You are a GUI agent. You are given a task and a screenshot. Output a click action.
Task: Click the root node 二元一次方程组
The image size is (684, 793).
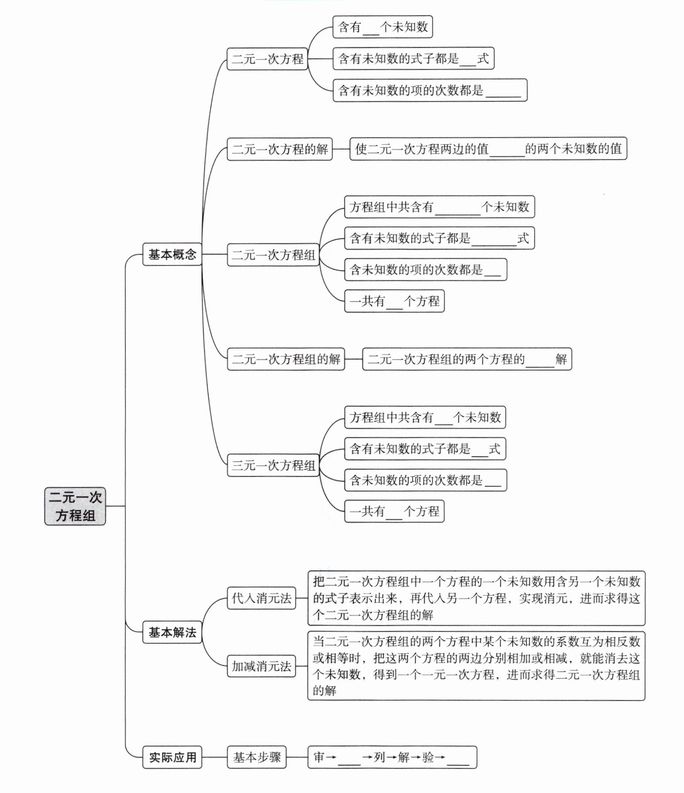point(75,506)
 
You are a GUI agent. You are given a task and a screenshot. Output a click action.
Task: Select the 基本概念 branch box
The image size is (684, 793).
point(172,254)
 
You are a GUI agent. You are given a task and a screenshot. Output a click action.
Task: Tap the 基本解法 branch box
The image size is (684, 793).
point(172,632)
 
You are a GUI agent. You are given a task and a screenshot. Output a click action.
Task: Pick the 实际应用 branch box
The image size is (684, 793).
point(172,757)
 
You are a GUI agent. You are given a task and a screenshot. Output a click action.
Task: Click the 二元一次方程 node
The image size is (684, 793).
point(267,59)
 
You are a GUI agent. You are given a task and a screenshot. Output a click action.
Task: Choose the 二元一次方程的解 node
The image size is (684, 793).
point(280,149)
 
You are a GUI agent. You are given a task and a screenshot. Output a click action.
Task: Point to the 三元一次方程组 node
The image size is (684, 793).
point(273,465)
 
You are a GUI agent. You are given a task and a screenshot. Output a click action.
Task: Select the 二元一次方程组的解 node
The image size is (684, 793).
point(286,359)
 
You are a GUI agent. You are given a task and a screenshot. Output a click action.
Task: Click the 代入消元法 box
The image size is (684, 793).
point(261,598)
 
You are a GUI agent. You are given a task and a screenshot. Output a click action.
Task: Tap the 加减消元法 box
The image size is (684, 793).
point(261,666)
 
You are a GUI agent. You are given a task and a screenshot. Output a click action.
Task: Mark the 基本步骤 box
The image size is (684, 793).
point(257,757)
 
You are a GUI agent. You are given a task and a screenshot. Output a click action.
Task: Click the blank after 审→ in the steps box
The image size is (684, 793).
point(349,758)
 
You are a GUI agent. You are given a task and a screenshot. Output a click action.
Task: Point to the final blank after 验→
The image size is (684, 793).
point(458,758)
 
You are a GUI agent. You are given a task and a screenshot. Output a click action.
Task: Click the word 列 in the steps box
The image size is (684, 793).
point(379,757)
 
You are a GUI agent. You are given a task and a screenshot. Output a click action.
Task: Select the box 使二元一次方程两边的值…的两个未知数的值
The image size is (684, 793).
point(488,149)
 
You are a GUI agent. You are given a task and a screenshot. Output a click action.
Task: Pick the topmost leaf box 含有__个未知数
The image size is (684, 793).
point(382,27)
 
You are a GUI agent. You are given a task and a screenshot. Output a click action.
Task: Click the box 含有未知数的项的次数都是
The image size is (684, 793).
point(430,90)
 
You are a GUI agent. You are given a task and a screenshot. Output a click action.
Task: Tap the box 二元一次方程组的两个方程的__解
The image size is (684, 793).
point(467,359)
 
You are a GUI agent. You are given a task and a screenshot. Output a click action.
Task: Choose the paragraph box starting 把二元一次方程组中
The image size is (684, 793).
point(476,598)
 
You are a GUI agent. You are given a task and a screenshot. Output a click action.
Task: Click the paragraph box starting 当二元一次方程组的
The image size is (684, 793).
point(476,666)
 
